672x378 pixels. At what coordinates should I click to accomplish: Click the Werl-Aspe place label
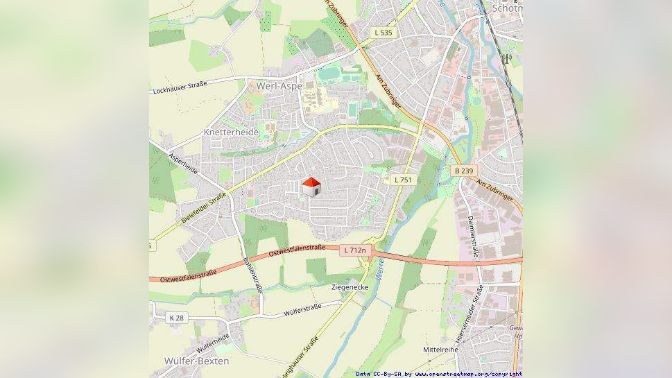tap(279, 86)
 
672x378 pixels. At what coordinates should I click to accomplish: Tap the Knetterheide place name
tap(231, 132)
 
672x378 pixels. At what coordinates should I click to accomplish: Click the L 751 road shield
tap(402, 180)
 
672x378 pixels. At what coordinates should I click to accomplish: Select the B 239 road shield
tap(463, 171)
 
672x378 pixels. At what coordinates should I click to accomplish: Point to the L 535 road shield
tap(382, 33)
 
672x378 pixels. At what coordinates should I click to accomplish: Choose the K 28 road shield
tap(177, 318)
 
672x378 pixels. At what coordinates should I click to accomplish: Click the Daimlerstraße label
tap(473, 237)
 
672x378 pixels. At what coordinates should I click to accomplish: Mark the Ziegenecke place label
tap(350, 286)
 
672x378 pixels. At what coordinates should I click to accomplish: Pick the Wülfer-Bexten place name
tap(197, 361)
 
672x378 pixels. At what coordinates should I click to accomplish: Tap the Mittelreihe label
tap(440, 350)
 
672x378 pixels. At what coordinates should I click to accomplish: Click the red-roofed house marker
tap(311, 186)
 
